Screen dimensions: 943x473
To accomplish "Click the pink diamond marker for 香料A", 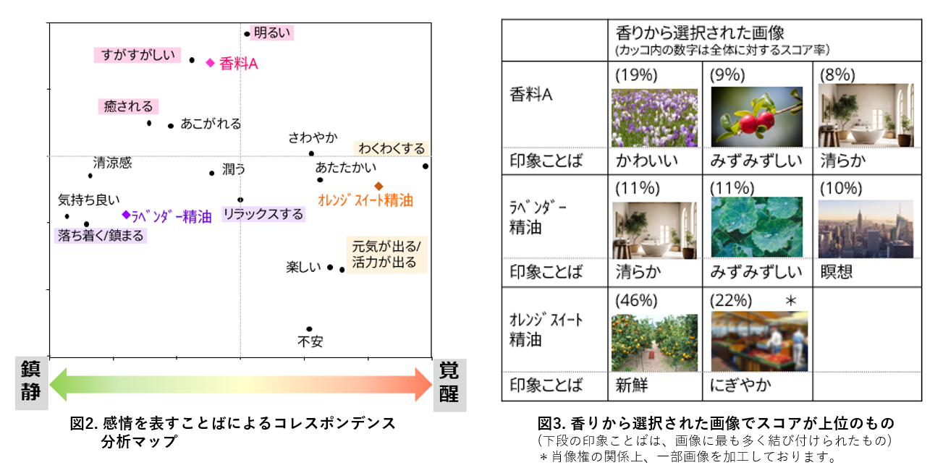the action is point(210,63).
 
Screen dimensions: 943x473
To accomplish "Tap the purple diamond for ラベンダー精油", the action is point(126,215).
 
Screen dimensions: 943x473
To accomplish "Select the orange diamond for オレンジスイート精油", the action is point(379,186).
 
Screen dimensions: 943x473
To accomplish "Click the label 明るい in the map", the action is point(272,33).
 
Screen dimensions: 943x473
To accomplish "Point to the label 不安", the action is point(310,341).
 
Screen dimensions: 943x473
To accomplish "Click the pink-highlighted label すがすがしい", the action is point(138,55).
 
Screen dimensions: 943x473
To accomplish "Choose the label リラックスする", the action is point(263,214).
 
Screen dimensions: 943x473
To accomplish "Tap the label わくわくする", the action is point(392,148).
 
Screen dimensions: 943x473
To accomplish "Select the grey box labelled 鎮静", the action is point(32,383).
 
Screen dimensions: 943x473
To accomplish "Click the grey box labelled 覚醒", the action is point(449,385).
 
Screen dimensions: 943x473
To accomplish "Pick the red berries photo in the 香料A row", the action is point(757,116).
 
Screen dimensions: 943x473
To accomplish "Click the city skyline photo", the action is point(866,229).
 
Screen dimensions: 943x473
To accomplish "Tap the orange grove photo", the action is point(654,343).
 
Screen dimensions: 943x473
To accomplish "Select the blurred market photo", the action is point(759,341).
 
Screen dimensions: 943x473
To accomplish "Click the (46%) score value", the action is point(636,301).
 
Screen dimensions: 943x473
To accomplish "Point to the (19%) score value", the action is point(636,75).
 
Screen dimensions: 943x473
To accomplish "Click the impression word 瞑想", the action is point(837,272).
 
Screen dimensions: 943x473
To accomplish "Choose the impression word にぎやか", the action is point(740,385).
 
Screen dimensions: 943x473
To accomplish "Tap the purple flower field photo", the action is point(654,118).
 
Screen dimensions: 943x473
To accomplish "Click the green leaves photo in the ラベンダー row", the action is point(757,227).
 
